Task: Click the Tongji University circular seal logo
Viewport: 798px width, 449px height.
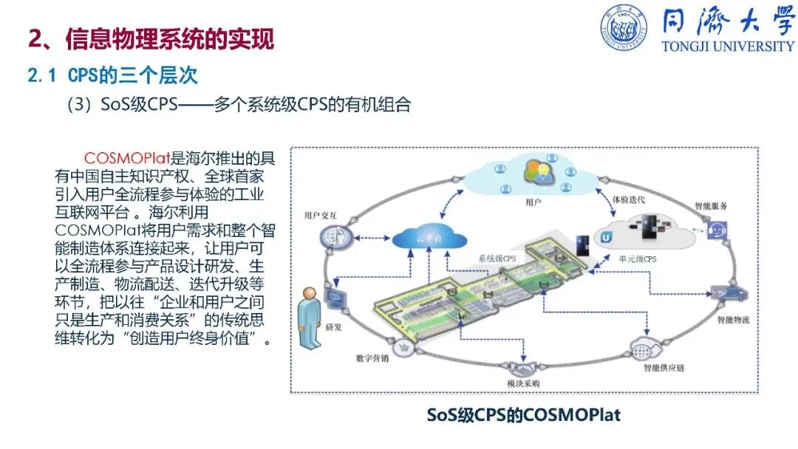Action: point(624,28)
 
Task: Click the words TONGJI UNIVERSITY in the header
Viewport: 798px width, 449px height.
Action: point(728,47)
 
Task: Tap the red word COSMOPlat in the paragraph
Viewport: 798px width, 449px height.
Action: point(127,159)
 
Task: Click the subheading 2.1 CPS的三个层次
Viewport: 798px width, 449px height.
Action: point(112,75)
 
